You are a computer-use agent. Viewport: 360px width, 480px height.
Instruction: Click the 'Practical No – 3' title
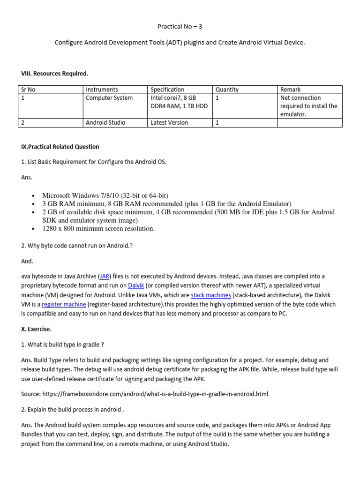[180, 26]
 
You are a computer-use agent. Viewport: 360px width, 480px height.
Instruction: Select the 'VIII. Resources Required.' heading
[54, 74]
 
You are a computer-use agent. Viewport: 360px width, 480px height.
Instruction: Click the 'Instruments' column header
[102, 90]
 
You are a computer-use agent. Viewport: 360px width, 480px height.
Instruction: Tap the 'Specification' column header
[167, 90]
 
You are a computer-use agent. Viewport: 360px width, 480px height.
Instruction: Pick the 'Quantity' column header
[227, 90]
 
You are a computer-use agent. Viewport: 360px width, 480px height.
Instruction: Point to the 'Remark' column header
[290, 90]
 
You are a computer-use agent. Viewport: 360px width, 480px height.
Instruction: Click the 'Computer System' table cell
[109, 98]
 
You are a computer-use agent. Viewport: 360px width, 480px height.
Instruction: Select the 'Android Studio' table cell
[105, 123]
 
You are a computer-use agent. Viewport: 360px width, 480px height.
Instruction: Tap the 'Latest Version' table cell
[169, 123]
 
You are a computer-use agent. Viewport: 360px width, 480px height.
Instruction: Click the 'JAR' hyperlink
[105, 277]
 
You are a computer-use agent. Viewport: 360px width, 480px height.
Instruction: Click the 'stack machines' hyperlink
[211, 295]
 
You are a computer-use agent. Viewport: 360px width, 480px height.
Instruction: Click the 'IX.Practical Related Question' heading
[60, 147]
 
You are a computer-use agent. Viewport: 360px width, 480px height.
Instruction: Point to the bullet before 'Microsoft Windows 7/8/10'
[33, 196]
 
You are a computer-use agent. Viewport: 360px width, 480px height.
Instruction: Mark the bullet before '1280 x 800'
[33, 229]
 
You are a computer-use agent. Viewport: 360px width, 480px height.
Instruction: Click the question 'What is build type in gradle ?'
[62, 345]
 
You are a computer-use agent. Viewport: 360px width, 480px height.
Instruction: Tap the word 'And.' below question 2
[27, 261]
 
